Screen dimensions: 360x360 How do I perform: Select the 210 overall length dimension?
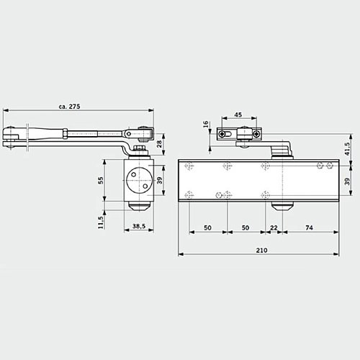coord(262,249)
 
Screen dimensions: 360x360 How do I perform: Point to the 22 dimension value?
coord(274,227)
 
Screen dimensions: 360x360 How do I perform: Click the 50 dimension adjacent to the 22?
coord(246,227)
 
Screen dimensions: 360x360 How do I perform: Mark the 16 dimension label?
coord(206,125)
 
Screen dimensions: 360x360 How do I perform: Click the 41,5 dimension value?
coord(348,148)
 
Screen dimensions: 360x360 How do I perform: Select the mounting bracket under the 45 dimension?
coord(238,134)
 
